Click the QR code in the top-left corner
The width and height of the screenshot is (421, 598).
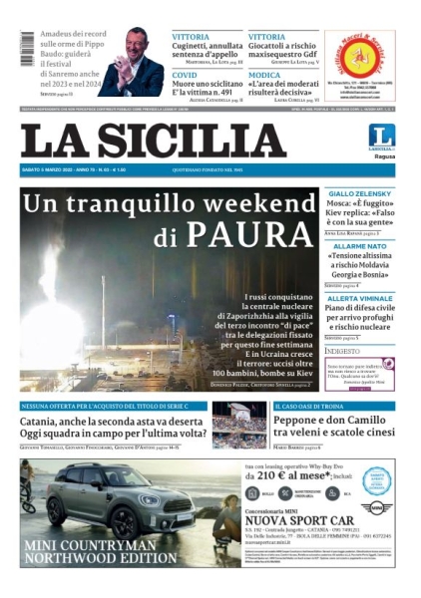(x=27, y=48)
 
